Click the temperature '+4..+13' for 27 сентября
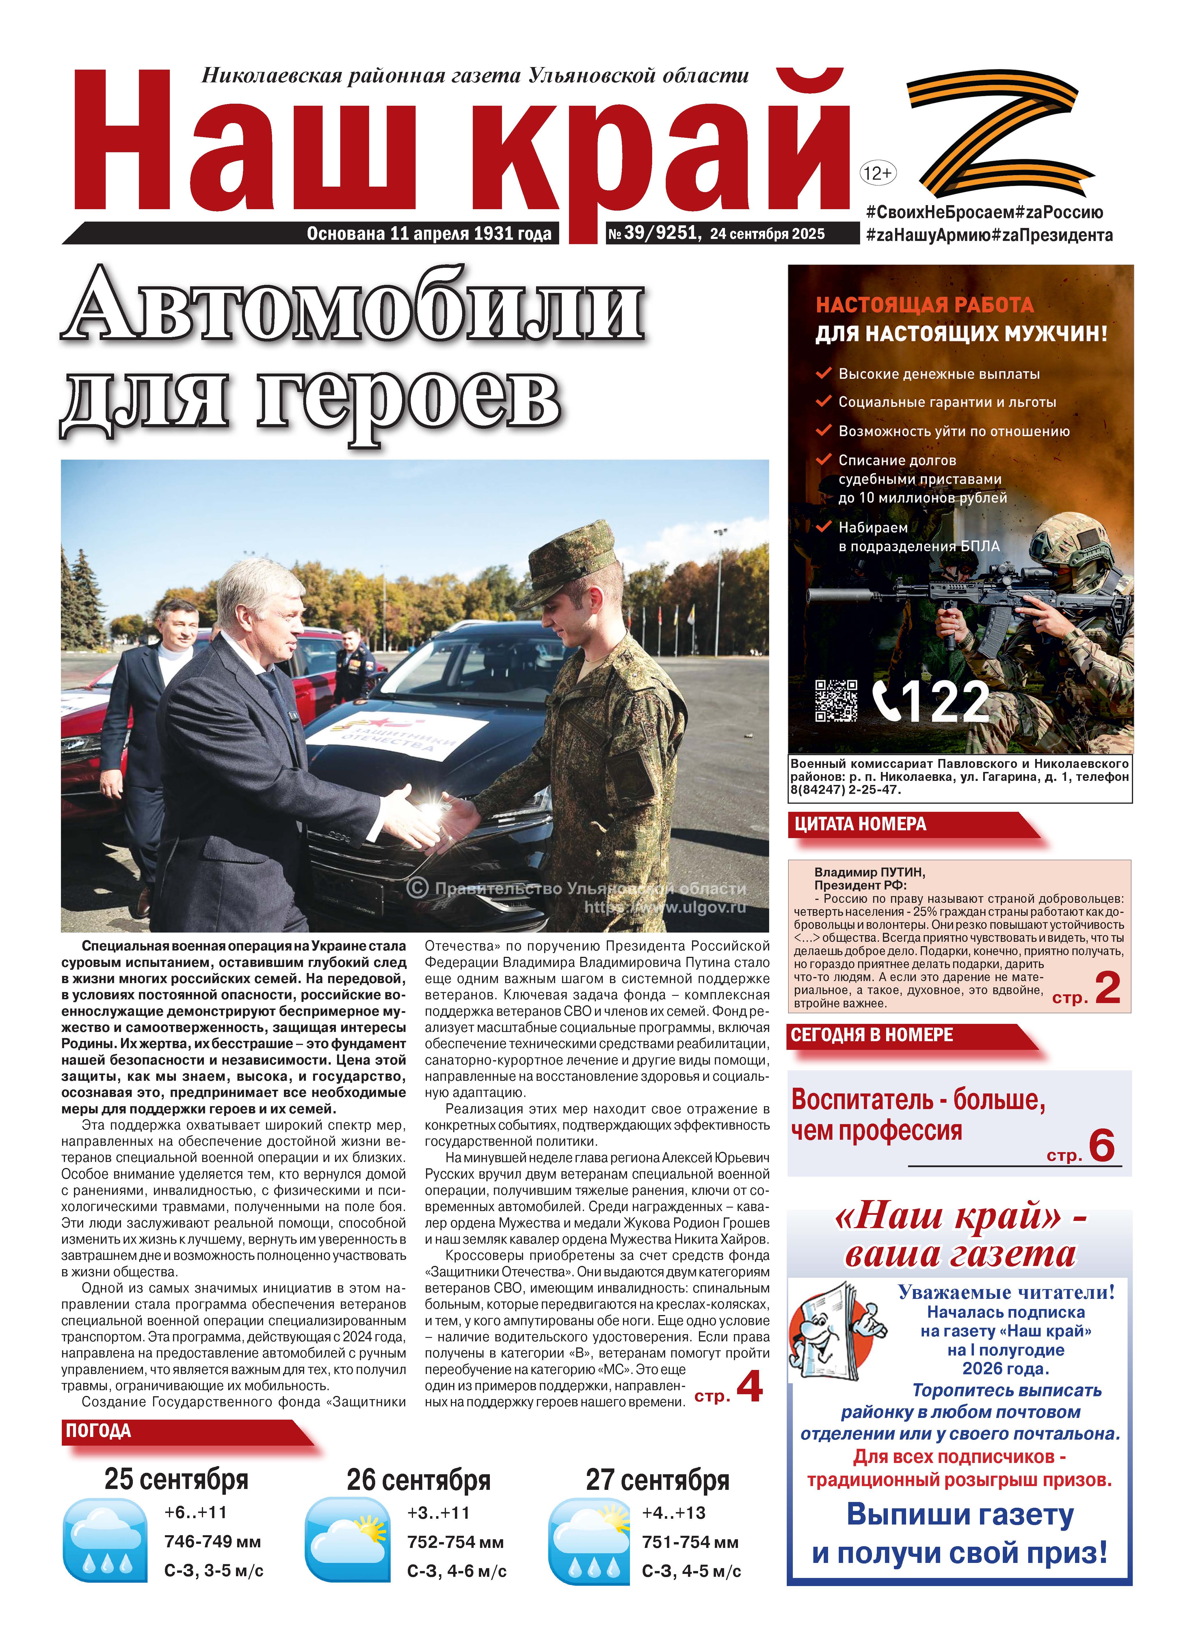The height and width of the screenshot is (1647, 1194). tap(674, 1513)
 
